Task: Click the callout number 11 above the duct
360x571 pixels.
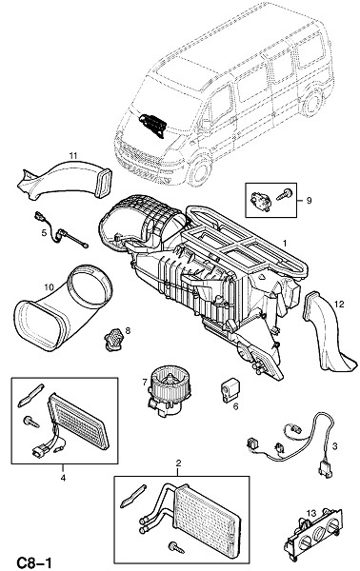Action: (x=73, y=156)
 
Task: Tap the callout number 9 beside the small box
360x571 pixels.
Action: (x=309, y=200)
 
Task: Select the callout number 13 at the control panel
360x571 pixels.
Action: (x=310, y=514)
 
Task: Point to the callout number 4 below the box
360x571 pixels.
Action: (x=63, y=478)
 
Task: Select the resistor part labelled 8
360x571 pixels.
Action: (x=113, y=339)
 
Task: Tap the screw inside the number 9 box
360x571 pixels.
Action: (x=284, y=194)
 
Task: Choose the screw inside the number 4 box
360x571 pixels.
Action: (x=31, y=423)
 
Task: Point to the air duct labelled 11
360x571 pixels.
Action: (x=65, y=180)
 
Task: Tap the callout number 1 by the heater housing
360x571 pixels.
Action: (x=285, y=243)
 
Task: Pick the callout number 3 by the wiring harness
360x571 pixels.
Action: (x=334, y=445)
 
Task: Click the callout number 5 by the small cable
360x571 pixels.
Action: (x=44, y=233)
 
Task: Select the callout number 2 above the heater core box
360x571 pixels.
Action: (x=178, y=463)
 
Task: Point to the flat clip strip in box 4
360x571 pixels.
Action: (x=30, y=395)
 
